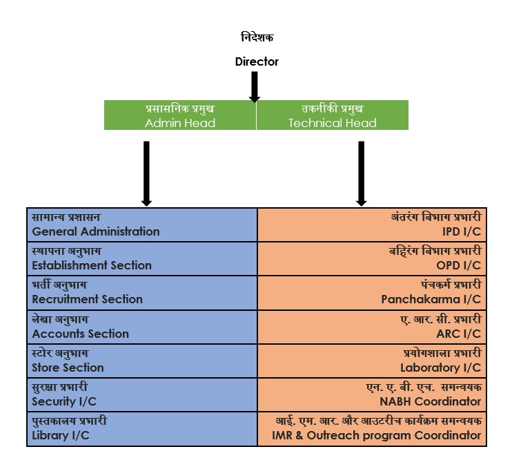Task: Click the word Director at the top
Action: (256, 61)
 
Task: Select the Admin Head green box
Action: (180, 115)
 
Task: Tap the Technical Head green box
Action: (332, 115)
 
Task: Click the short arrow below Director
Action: (254, 86)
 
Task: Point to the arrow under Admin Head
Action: (146, 173)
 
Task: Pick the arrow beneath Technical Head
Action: (360, 173)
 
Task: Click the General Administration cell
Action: (141, 225)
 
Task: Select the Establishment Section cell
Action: (141, 258)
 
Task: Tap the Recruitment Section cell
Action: (141, 293)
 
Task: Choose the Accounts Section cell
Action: (141, 327)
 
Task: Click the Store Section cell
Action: (141, 361)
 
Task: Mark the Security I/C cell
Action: (141, 394)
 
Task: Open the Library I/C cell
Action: (141, 429)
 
